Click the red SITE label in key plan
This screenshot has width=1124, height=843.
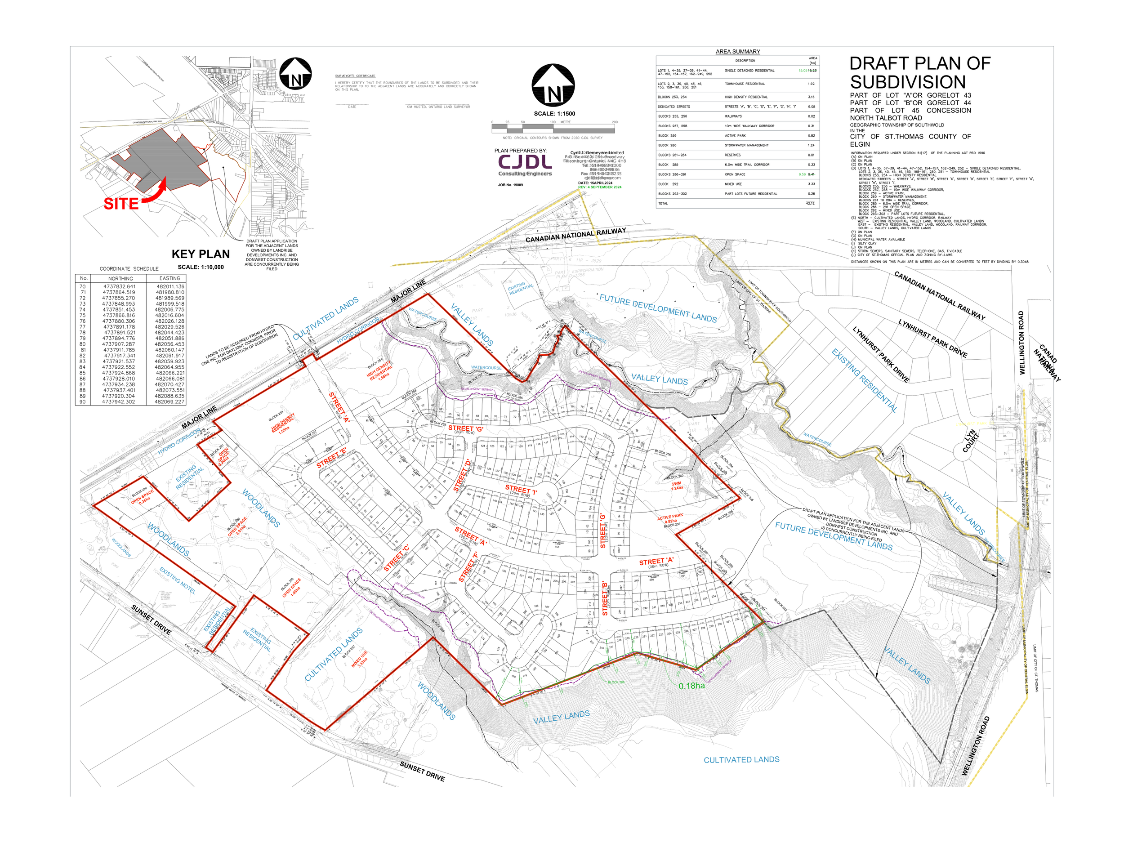point(121,204)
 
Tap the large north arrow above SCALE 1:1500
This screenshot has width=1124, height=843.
point(553,85)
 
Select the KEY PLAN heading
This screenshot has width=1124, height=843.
point(200,254)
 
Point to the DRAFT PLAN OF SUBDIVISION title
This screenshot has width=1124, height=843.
point(919,73)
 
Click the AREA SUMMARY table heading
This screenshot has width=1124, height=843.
point(737,51)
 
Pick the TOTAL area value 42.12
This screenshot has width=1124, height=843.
point(810,203)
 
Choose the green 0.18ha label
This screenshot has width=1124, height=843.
point(691,686)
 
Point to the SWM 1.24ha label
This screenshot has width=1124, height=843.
point(676,486)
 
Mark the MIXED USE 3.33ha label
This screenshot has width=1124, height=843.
point(360,659)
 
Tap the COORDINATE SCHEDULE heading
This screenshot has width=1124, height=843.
point(129,269)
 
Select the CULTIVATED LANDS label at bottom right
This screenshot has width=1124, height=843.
point(741,760)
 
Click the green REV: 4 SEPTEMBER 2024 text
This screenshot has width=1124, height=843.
point(600,187)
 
